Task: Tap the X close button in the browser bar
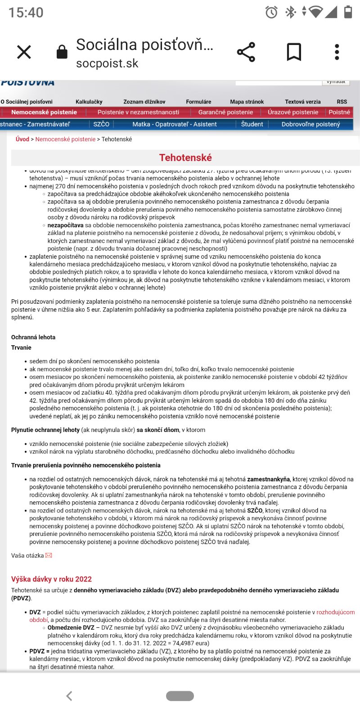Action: pyautogui.click(x=24, y=52)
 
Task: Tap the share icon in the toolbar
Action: pyautogui.click(x=246, y=52)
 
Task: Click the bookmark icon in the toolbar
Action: pyautogui.click(x=294, y=52)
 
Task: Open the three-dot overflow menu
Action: pyautogui.click(x=337, y=52)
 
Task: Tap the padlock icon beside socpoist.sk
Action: pyautogui.click(x=62, y=52)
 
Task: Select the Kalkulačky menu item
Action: pyautogui.click(x=89, y=102)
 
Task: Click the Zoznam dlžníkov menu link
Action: pyautogui.click(x=144, y=102)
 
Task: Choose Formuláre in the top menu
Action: pyautogui.click(x=198, y=102)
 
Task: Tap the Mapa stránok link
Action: pyautogui.click(x=247, y=102)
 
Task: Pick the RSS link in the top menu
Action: pyautogui.click(x=342, y=102)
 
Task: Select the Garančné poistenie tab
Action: pyautogui.click(x=225, y=112)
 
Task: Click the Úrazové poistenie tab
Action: pyautogui.click(x=293, y=112)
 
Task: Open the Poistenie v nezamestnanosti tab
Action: pyautogui.click(x=138, y=112)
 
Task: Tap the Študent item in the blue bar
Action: pyautogui.click(x=252, y=124)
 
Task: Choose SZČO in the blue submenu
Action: pyautogui.click(x=101, y=124)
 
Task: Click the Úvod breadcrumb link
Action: pyautogui.click(x=22, y=139)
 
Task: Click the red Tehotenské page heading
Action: pyautogui.click(x=185, y=157)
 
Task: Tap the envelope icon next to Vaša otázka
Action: pyautogui.click(x=49, y=555)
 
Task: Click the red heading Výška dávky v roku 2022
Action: pyautogui.click(x=51, y=579)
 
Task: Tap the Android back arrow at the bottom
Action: pyautogui.click(x=69, y=696)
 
